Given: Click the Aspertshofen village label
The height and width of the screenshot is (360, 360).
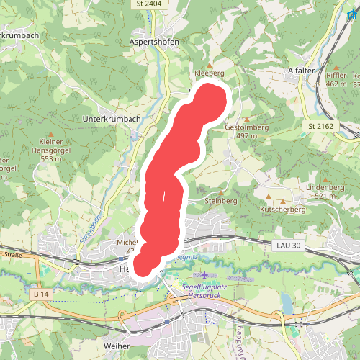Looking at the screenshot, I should [154, 42].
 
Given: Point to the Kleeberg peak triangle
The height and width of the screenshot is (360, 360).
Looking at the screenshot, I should [210, 64].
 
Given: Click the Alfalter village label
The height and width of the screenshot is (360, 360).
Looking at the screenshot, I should [302, 71].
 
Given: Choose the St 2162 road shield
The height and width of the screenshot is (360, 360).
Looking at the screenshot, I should [321, 126].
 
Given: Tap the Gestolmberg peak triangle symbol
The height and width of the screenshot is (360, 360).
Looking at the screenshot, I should [247, 119].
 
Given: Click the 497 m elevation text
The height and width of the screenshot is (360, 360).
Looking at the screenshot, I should [247, 135].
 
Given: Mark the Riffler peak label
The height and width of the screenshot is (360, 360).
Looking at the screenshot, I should [336, 76].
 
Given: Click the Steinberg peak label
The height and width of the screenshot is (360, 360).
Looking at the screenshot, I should [221, 200].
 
